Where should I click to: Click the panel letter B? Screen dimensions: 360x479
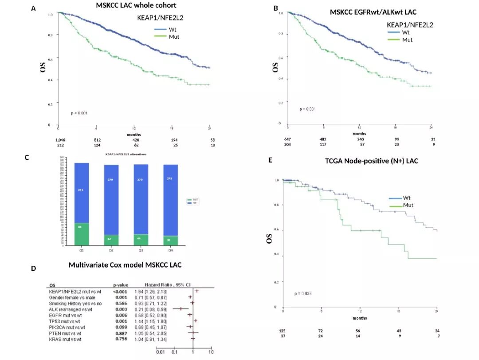pyautogui.click(x=276, y=8)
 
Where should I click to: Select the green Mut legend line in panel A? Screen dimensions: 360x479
pyautogui.click(x=160, y=37)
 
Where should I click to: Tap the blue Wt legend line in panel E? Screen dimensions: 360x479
pyautogui.click(x=396, y=198)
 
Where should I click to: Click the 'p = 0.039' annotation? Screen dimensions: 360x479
pyautogui.click(x=303, y=293)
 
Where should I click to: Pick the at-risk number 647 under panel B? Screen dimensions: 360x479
pyautogui.click(x=287, y=139)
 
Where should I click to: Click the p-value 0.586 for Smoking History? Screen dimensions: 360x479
pyautogui.click(x=122, y=303)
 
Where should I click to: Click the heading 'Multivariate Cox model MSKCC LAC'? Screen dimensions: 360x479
pyautogui.click(x=125, y=265)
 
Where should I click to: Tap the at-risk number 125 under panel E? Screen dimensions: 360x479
pyautogui.click(x=282, y=331)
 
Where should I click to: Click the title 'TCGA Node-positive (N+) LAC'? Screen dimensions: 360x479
pyautogui.click(x=372, y=161)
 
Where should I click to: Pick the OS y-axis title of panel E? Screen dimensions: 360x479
pyautogui.click(x=269, y=238)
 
